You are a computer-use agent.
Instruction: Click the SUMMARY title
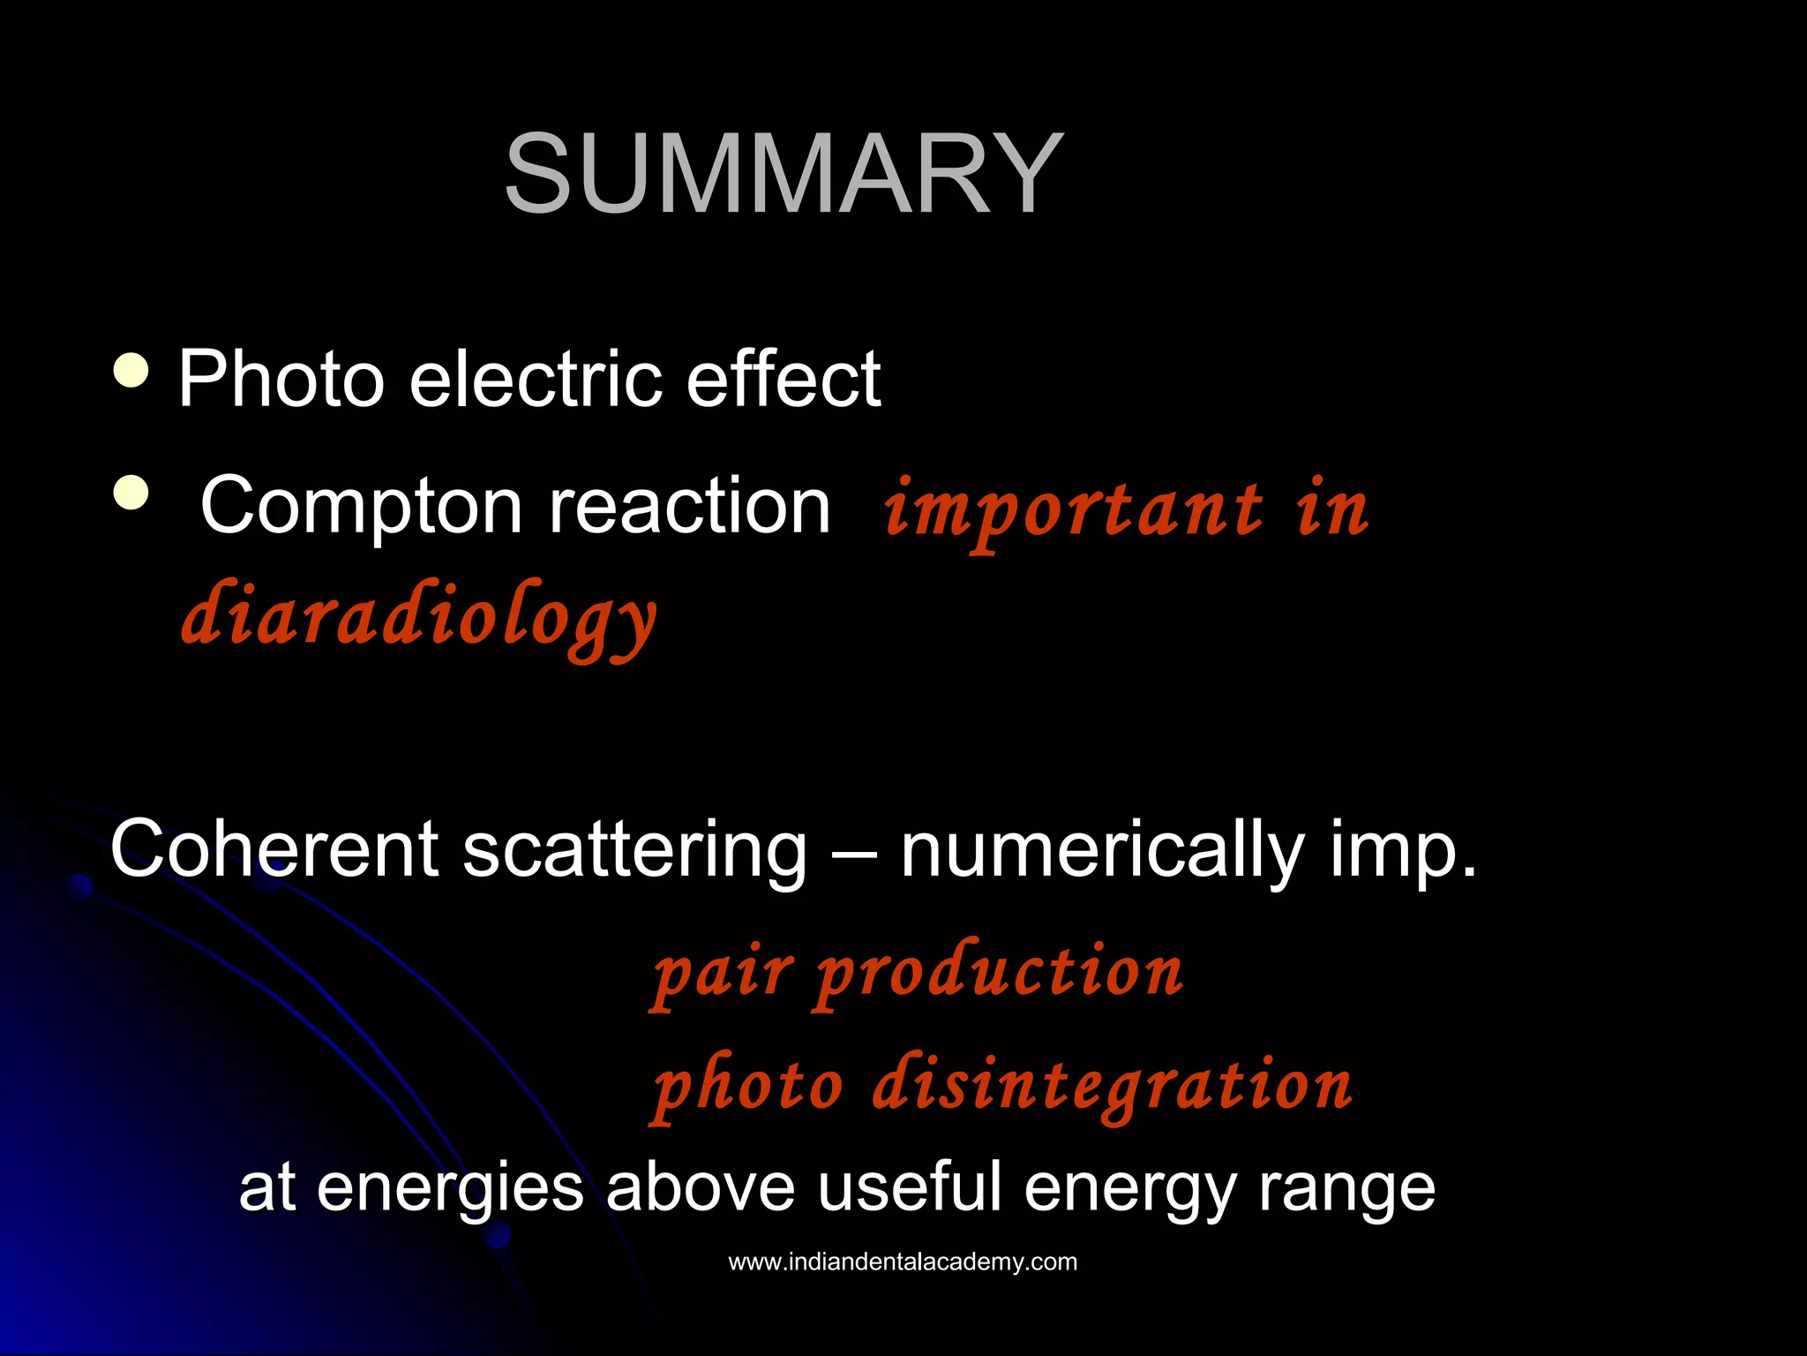[x=784, y=173]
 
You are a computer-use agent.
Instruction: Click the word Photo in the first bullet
[x=281, y=380]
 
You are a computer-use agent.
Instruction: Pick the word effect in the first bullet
[x=784, y=380]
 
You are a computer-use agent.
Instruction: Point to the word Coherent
[x=274, y=848]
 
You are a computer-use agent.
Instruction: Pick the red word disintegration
[x=1113, y=1086]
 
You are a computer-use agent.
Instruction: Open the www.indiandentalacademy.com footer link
[x=903, y=1262]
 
